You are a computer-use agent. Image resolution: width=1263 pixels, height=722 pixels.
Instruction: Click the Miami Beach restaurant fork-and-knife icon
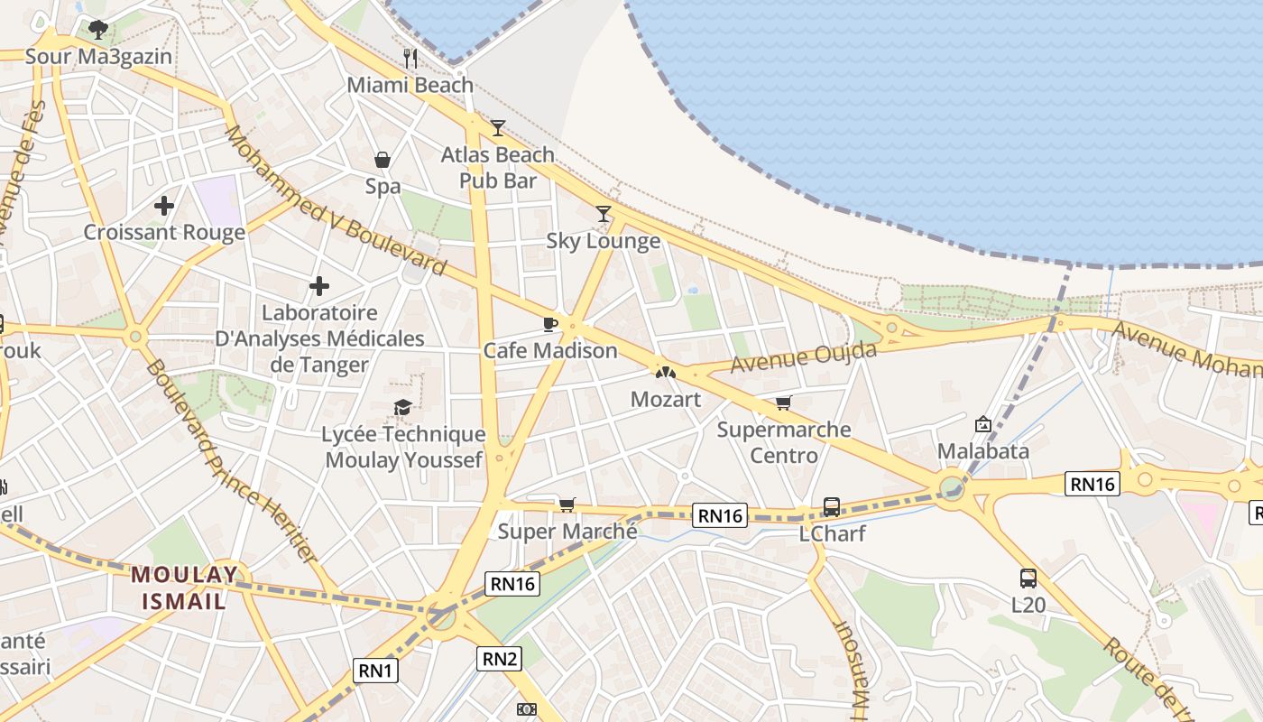point(410,60)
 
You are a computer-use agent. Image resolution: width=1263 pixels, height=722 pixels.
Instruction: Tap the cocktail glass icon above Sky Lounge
point(604,214)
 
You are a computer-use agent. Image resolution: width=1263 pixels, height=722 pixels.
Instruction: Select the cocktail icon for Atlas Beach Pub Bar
point(498,128)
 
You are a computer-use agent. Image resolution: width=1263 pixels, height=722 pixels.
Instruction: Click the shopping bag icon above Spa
point(383,161)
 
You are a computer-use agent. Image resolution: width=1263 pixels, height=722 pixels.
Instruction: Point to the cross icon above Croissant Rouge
point(164,206)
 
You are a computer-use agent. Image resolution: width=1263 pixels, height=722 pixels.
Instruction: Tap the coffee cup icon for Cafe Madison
point(549,324)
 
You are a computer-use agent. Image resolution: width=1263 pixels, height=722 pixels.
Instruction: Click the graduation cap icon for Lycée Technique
point(403,408)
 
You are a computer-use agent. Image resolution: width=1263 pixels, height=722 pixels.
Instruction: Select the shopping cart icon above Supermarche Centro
point(783,403)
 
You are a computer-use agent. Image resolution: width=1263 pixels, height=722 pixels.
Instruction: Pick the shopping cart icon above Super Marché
point(567,504)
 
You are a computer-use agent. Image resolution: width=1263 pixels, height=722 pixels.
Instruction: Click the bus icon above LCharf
point(832,507)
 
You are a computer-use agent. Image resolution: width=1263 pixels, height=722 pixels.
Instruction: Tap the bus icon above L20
point(1028,579)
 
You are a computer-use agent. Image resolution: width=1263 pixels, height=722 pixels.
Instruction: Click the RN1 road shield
point(375,670)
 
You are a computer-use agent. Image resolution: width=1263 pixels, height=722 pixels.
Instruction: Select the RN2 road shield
point(499,659)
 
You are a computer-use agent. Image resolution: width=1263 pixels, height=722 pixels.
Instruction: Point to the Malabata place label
point(983,450)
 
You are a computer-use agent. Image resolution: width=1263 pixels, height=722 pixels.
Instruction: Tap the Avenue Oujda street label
point(803,357)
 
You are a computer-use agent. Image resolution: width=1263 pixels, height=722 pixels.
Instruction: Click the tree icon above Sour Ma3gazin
point(98,30)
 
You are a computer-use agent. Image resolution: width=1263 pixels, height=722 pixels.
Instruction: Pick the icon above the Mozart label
point(665,371)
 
